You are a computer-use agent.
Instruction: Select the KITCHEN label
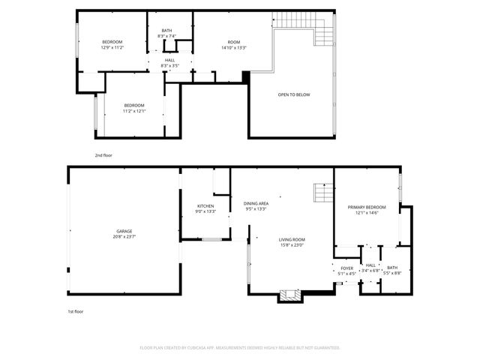pyautogui.click(x=205, y=206)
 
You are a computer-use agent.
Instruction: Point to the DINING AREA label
pyautogui.click(x=256, y=203)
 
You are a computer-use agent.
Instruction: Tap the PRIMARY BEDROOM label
pyautogui.click(x=367, y=207)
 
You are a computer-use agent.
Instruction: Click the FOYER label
pyautogui.click(x=347, y=268)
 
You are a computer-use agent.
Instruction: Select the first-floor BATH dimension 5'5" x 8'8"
pyautogui.click(x=393, y=274)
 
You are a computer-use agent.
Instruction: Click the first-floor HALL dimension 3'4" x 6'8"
pyautogui.click(x=370, y=271)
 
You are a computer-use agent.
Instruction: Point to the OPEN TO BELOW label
pyautogui.click(x=294, y=94)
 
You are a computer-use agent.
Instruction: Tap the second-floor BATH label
pyautogui.click(x=166, y=30)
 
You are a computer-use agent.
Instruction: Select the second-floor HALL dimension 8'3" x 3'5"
pyautogui.click(x=169, y=66)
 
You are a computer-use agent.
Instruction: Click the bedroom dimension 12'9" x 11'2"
pyautogui.click(x=112, y=47)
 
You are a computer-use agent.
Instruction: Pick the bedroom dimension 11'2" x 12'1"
pyautogui.click(x=134, y=111)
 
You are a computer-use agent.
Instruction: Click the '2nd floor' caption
pyautogui.click(x=103, y=155)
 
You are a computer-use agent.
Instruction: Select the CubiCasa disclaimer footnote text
pyautogui.click(x=240, y=347)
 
